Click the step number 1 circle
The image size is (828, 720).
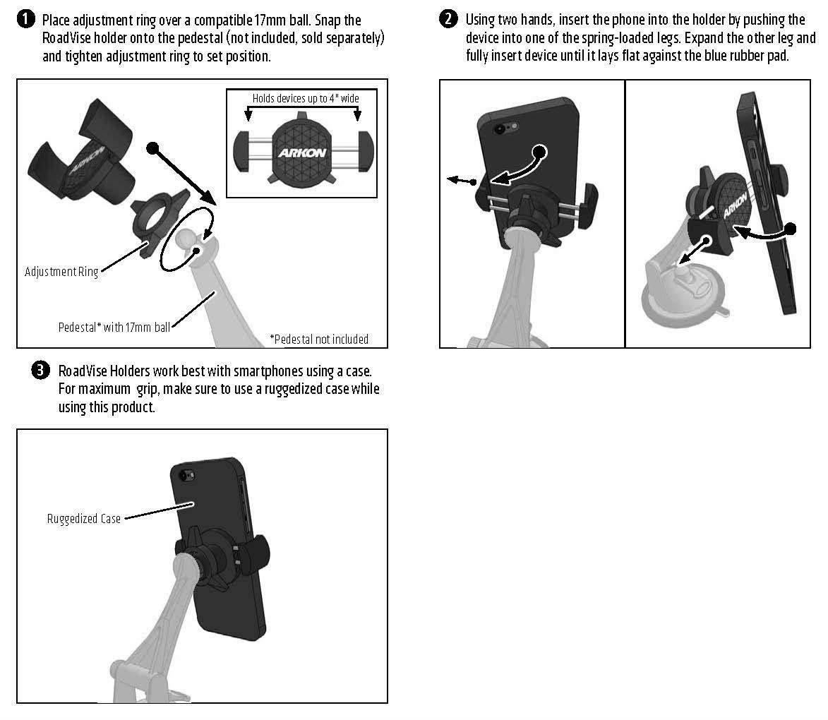pos(25,20)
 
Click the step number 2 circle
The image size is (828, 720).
pos(448,19)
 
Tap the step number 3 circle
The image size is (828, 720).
pos(41,371)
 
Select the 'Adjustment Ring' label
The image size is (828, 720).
pos(61,272)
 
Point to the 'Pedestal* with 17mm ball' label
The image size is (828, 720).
pos(114,327)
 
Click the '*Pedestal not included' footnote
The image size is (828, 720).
pos(319,339)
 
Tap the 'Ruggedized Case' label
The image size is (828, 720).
pos(84,519)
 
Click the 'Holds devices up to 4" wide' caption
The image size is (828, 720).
pos(306,98)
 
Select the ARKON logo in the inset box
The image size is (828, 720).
pos(302,152)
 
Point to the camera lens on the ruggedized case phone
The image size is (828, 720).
pos(184,476)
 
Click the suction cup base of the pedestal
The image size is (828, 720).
pos(681,300)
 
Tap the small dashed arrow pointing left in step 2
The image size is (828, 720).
pos(462,181)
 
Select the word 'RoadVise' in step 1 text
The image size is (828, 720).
pos(66,38)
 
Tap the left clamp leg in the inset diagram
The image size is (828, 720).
pos(242,151)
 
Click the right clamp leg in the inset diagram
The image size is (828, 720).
pos(366,151)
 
